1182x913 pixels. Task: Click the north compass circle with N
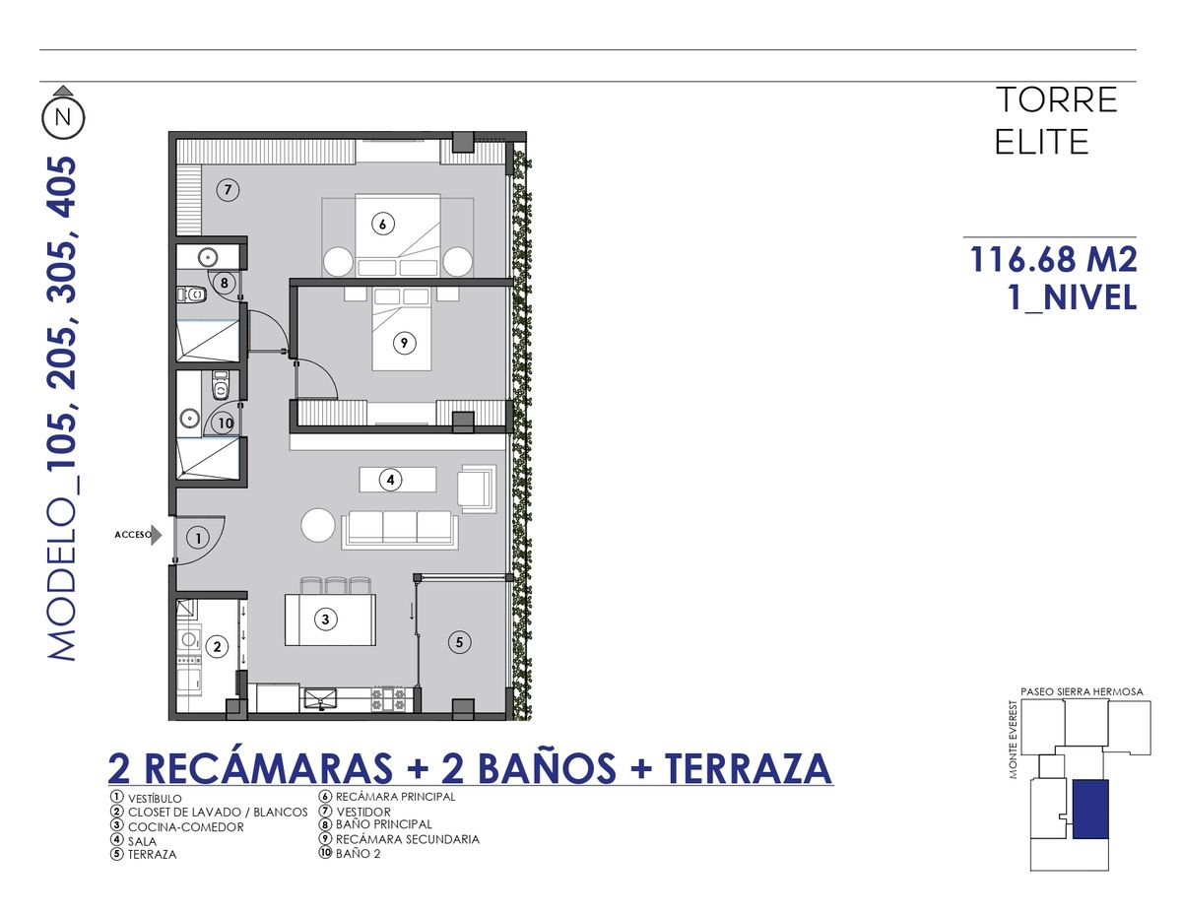point(63,117)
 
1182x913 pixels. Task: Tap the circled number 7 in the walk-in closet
point(228,190)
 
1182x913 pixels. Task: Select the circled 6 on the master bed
point(383,224)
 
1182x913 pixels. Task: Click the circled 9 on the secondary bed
point(404,343)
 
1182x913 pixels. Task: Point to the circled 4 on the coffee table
point(391,480)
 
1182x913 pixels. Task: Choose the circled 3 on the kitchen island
point(325,620)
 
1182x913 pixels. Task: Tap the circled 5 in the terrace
point(460,642)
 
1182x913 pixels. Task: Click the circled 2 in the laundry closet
point(217,646)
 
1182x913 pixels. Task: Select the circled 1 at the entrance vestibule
point(198,538)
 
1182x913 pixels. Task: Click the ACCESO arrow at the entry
point(157,535)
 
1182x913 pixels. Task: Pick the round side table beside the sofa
point(318,525)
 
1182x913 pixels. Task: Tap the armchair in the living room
point(477,489)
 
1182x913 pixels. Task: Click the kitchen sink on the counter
point(320,699)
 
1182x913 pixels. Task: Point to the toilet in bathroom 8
point(192,294)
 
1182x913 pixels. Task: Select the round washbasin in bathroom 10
point(189,419)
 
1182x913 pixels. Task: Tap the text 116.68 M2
point(1053,259)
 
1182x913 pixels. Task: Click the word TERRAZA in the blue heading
point(748,768)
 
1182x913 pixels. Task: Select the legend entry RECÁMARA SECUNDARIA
point(408,839)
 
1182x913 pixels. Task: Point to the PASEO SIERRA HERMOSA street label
point(1082,691)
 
